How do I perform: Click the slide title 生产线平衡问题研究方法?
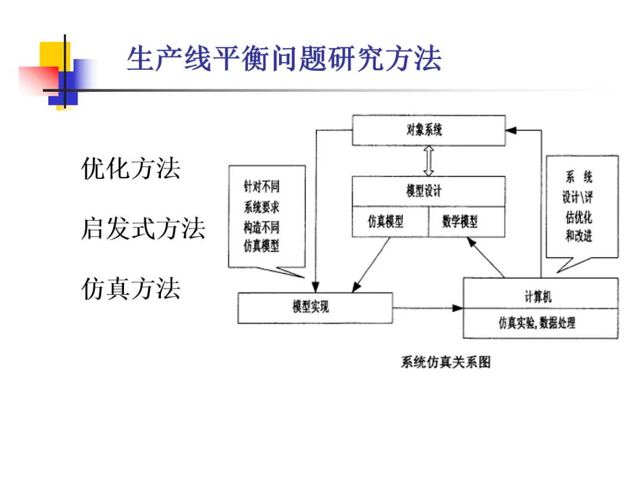click(284, 59)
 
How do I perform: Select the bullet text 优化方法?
click(131, 169)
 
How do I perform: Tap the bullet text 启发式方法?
click(143, 229)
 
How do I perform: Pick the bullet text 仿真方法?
click(131, 289)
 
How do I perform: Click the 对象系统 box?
click(428, 130)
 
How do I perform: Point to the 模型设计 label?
click(428, 191)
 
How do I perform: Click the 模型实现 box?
click(315, 308)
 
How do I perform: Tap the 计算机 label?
click(540, 296)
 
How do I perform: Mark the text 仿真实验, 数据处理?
click(540, 324)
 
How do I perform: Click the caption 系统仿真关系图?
click(446, 362)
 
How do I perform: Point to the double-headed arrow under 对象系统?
click(428, 160)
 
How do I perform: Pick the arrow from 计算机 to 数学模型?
click(486, 258)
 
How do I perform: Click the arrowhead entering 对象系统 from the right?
click(512, 128)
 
